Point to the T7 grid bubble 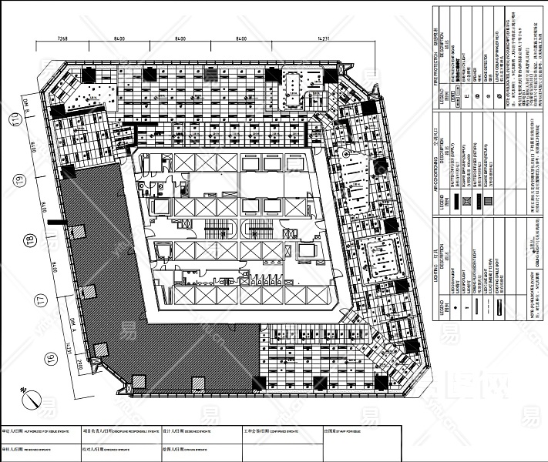pyautogui.click(x=16, y=300)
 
